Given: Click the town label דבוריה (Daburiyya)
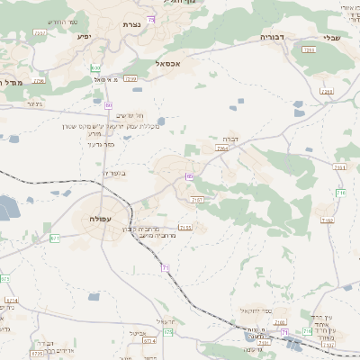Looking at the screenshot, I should [272, 38].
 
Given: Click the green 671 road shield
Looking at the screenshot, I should [55, 238].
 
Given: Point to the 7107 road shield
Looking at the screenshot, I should [198, 199].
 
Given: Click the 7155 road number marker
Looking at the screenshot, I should [185, 228].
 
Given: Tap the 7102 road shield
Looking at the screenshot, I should [327, 220].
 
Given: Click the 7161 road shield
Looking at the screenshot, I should [339, 167].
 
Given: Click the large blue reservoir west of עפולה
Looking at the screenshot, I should [8, 209].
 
